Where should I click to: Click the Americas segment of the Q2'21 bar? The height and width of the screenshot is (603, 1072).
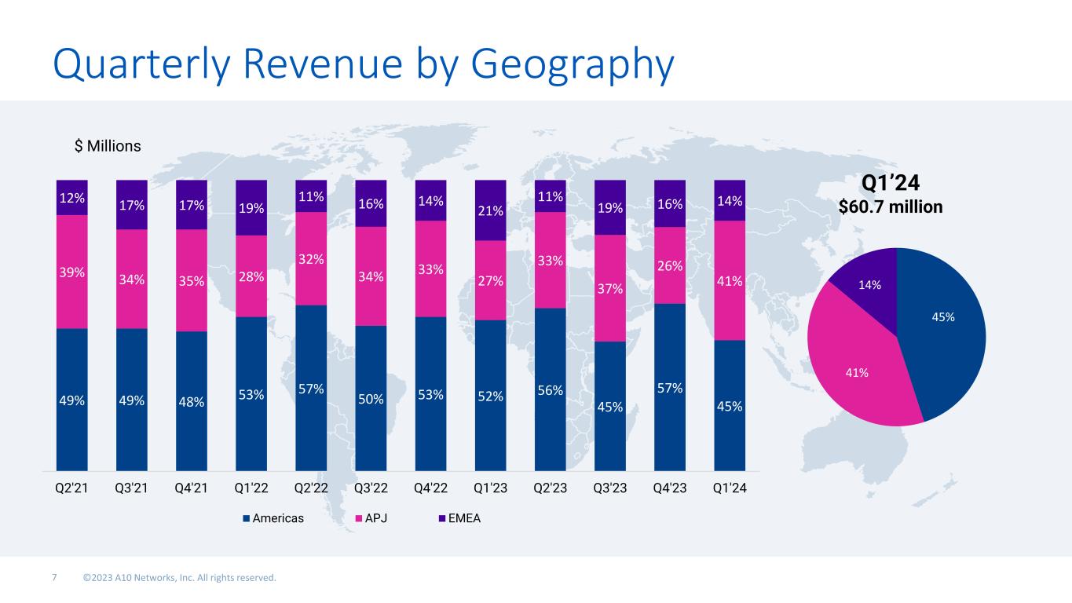pos(72,400)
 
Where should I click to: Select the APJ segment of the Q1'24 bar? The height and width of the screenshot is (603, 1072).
pos(730,280)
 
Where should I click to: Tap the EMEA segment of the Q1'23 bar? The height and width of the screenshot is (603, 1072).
pos(491,210)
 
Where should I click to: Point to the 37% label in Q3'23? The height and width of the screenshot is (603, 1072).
pos(610,289)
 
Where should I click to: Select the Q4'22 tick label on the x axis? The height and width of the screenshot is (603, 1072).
pos(430,488)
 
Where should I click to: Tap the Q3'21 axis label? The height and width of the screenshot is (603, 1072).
pos(131,488)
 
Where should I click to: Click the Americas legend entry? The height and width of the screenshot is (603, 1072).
pos(273,518)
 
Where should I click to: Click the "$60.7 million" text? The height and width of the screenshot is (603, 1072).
pos(891,206)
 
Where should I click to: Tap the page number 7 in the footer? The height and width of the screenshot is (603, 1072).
pos(54,579)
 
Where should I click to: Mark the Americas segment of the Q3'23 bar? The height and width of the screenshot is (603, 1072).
pos(610,406)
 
